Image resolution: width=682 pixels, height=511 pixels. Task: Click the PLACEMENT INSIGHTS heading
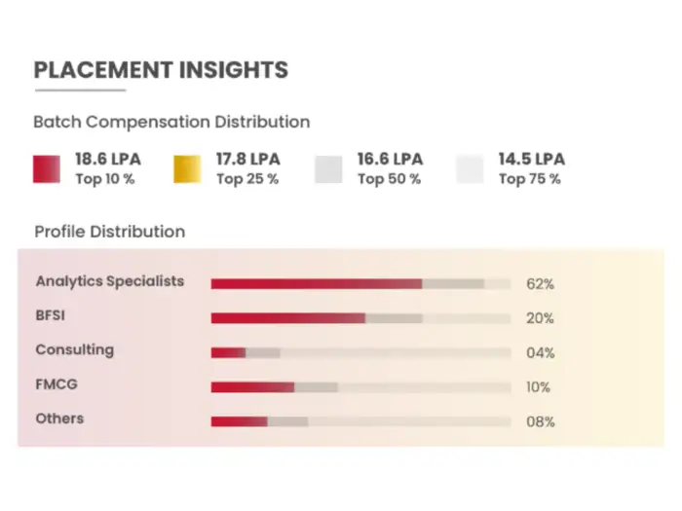[x=161, y=70]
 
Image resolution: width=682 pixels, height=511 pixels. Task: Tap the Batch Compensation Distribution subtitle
[x=171, y=123]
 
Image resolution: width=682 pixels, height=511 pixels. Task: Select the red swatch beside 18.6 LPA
[x=48, y=169]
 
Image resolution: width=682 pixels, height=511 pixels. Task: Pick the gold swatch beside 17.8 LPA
[x=189, y=169]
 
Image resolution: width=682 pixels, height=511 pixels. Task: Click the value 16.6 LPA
[x=390, y=159]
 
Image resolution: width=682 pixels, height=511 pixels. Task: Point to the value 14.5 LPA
[x=531, y=159]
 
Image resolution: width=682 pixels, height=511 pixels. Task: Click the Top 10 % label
[x=105, y=179]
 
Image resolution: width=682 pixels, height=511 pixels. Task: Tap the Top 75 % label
[x=530, y=179]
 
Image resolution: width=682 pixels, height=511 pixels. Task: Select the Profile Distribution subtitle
[x=109, y=232]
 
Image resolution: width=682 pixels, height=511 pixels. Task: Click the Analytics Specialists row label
[x=110, y=281]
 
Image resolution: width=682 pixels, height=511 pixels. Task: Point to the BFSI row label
[x=50, y=315]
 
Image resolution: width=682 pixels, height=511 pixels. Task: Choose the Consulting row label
[x=75, y=349]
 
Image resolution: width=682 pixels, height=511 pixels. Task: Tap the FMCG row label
[x=57, y=384]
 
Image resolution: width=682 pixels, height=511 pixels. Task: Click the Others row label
[x=59, y=419]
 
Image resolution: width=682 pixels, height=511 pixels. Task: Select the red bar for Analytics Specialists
[x=317, y=283]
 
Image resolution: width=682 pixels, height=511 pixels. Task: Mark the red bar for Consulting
[x=229, y=352]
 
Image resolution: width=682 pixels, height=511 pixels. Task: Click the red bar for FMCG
[x=252, y=386]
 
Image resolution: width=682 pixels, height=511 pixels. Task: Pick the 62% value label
[x=540, y=284]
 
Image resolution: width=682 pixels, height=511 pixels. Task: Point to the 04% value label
[x=540, y=353]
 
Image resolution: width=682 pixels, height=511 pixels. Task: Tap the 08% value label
[x=540, y=422]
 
